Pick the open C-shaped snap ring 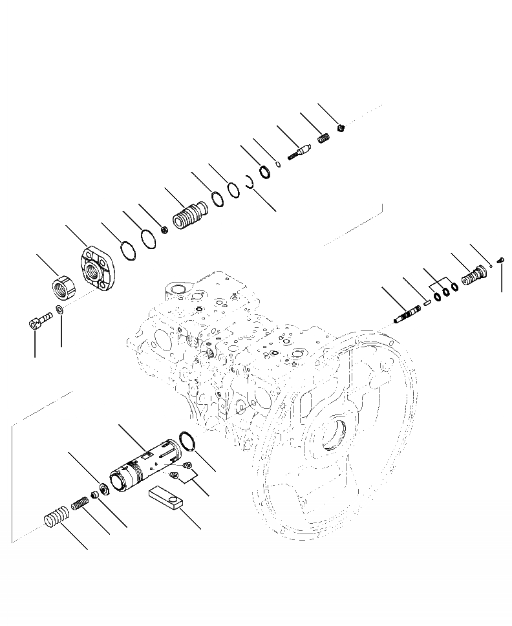(x=249, y=182)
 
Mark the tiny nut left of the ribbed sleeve (x=164, y=230)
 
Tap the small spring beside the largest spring (x=80, y=502)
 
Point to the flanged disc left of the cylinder (x=103, y=488)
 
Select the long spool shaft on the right (x=407, y=314)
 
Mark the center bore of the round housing (x=339, y=435)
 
